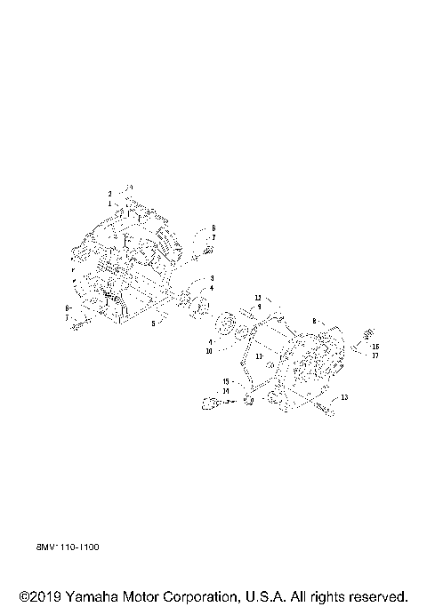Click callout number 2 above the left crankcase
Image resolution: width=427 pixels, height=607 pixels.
(x=110, y=193)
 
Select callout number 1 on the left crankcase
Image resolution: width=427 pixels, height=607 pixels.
(x=110, y=204)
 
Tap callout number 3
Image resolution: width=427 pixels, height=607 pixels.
(x=212, y=279)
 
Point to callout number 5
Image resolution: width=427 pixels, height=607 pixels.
(x=152, y=323)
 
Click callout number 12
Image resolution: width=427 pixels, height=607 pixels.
(x=258, y=297)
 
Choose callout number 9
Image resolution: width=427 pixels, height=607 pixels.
(x=259, y=306)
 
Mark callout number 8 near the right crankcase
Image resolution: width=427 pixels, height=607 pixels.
(x=314, y=320)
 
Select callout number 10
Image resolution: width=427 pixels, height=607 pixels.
(x=208, y=351)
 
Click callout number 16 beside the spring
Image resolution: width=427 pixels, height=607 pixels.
(x=375, y=347)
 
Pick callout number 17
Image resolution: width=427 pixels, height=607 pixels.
(x=375, y=355)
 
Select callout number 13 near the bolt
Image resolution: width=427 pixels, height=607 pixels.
(x=344, y=396)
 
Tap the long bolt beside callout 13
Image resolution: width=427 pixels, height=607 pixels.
(x=325, y=409)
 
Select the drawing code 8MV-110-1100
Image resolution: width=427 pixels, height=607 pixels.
(x=68, y=547)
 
